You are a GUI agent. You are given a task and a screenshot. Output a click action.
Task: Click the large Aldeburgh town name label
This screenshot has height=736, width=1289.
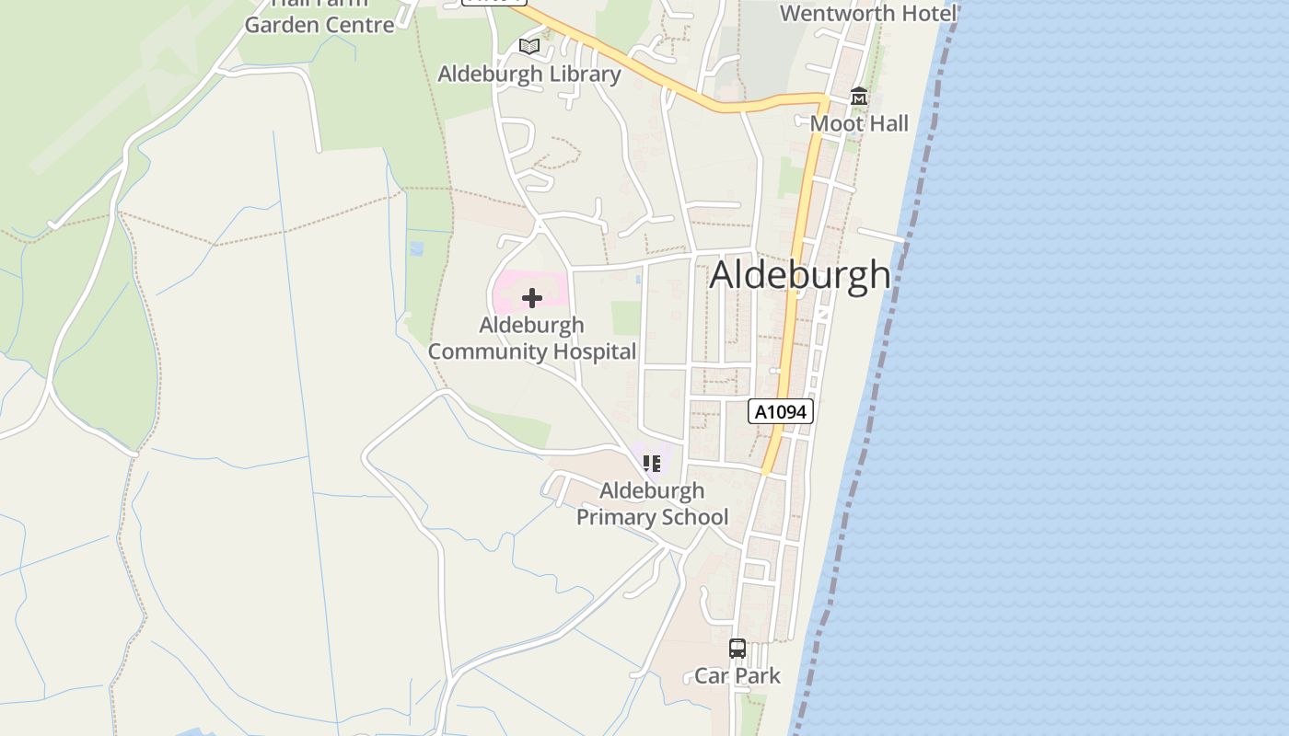point(800,274)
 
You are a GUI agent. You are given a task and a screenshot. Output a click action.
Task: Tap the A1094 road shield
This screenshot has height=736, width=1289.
point(781,411)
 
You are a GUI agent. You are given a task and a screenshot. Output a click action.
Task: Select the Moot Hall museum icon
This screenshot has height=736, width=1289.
point(859,96)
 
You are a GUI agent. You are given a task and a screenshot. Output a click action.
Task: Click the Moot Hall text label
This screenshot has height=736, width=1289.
point(859,123)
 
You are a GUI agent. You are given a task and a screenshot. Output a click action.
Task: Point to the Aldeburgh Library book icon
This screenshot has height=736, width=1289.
point(528,46)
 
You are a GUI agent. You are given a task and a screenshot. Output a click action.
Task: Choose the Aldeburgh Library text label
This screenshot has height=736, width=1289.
point(528,74)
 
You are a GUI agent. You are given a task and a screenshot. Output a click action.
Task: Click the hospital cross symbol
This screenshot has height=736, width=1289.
point(531,297)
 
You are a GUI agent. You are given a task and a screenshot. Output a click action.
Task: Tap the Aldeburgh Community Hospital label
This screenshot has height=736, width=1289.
point(531,338)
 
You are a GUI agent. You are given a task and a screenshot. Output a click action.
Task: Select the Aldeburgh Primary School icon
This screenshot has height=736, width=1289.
point(652,463)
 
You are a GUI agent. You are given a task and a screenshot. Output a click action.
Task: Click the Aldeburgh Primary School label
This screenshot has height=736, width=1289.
point(652,503)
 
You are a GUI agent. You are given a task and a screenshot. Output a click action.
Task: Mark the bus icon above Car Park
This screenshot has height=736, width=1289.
point(737,648)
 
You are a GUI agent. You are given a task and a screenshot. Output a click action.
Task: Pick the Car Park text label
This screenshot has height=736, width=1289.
point(737,676)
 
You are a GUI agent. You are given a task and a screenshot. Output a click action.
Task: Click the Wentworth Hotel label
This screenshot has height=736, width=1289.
point(868,13)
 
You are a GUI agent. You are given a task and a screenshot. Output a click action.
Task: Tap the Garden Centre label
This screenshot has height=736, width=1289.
point(319,24)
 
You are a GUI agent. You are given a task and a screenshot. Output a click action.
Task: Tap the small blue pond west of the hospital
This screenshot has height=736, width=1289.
point(416,248)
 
